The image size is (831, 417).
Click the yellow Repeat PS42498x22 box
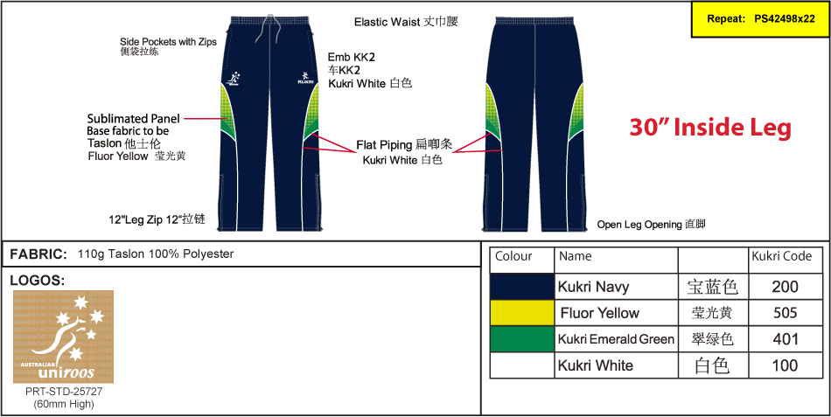(760, 18)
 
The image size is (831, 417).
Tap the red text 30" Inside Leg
(710, 128)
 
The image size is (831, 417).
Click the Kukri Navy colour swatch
(522, 287)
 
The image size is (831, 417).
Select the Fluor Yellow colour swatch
(522, 313)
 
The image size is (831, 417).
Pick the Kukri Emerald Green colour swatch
(522, 339)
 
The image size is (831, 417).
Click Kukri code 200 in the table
(786, 287)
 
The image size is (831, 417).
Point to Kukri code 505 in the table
(786, 313)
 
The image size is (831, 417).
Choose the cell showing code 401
(786, 339)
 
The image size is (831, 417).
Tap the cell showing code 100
(786, 365)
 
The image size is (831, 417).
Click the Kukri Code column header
(782, 257)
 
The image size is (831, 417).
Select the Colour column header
(513, 257)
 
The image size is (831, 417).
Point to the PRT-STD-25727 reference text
(63, 392)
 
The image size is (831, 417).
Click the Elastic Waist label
(406, 22)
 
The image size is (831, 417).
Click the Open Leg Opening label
(651, 225)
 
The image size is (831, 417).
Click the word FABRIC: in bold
(38, 254)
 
